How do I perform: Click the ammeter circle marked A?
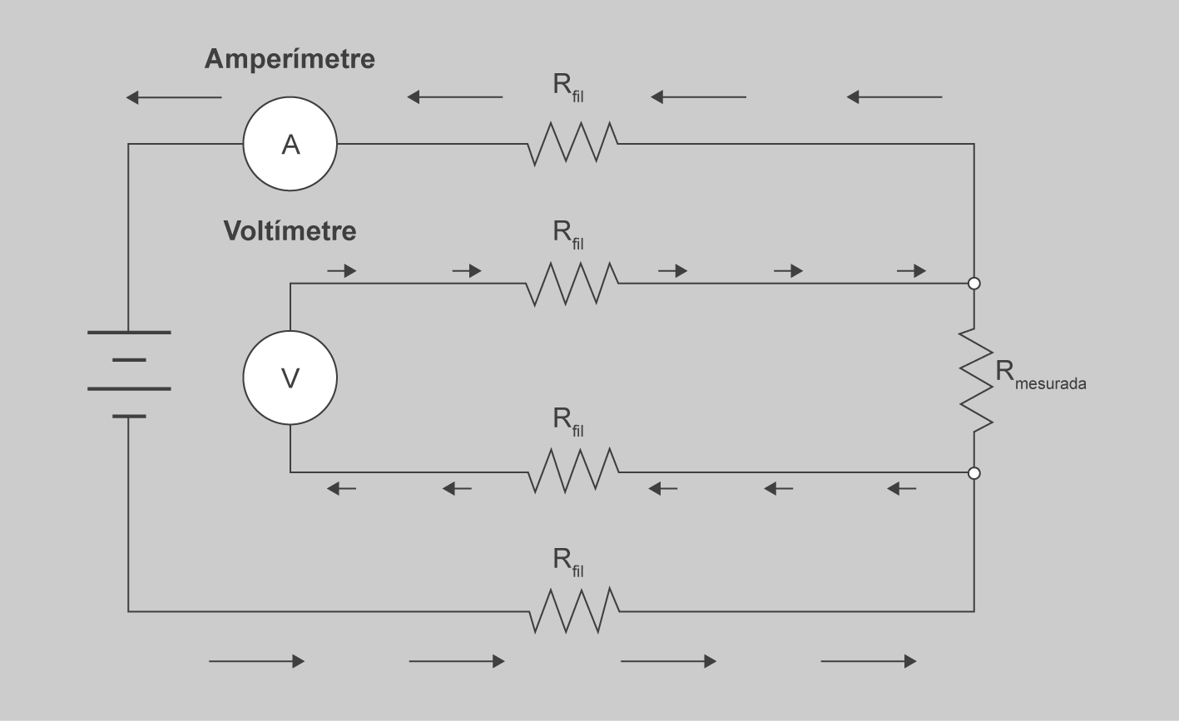click(290, 145)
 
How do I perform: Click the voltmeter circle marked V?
click(290, 378)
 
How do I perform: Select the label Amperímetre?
click(290, 59)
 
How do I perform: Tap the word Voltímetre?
click(290, 231)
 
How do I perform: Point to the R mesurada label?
click(1040, 375)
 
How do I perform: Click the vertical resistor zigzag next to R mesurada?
click(975, 379)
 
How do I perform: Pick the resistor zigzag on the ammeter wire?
click(572, 144)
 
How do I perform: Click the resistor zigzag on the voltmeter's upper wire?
click(572, 284)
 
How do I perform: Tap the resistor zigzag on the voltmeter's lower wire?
click(573, 472)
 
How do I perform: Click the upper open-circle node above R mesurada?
click(974, 284)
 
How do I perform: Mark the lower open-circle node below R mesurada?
click(974, 473)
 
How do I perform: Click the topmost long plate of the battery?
click(129, 332)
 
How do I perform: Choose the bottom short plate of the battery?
click(129, 416)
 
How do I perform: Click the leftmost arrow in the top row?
click(173, 97)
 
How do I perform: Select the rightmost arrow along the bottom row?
click(869, 661)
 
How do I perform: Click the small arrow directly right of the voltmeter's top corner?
click(341, 271)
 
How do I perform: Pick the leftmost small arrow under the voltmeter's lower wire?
click(341, 489)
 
